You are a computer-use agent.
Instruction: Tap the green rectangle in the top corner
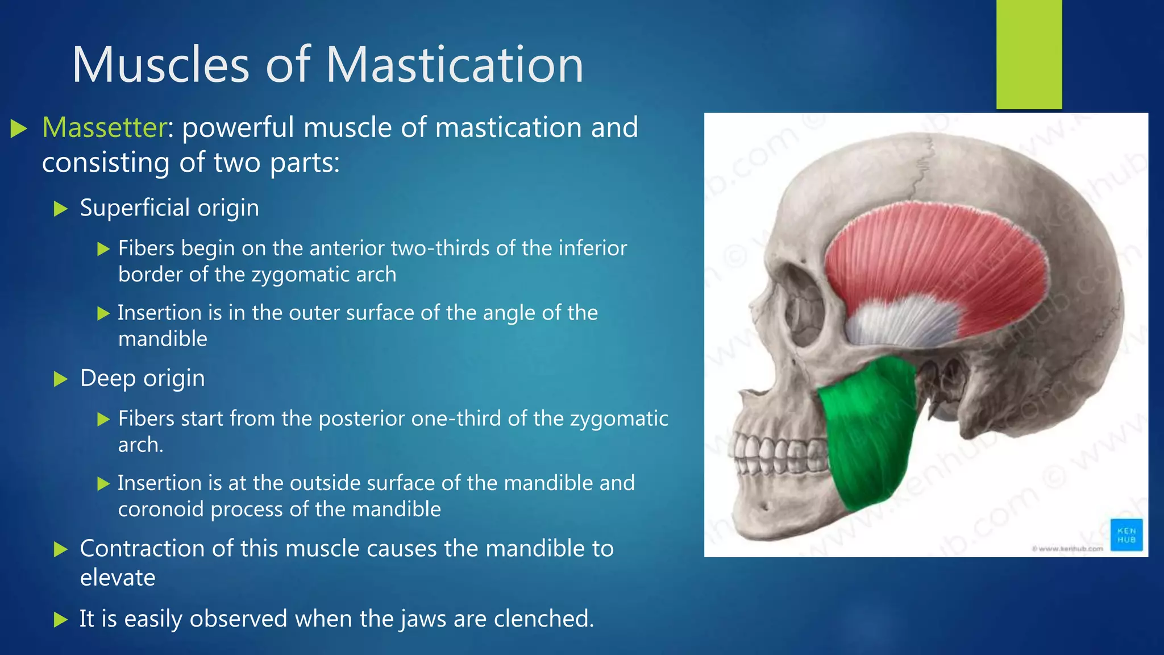[x=1029, y=54]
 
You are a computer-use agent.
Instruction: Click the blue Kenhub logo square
[x=1126, y=535]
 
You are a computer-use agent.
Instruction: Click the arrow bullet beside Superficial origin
[x=60, y=209]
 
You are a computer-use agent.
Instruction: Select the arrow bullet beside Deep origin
[x=60, y=379]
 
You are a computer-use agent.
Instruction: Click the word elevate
[x=117, y=578]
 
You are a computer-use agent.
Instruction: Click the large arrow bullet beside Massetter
[x=19, y=128]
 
